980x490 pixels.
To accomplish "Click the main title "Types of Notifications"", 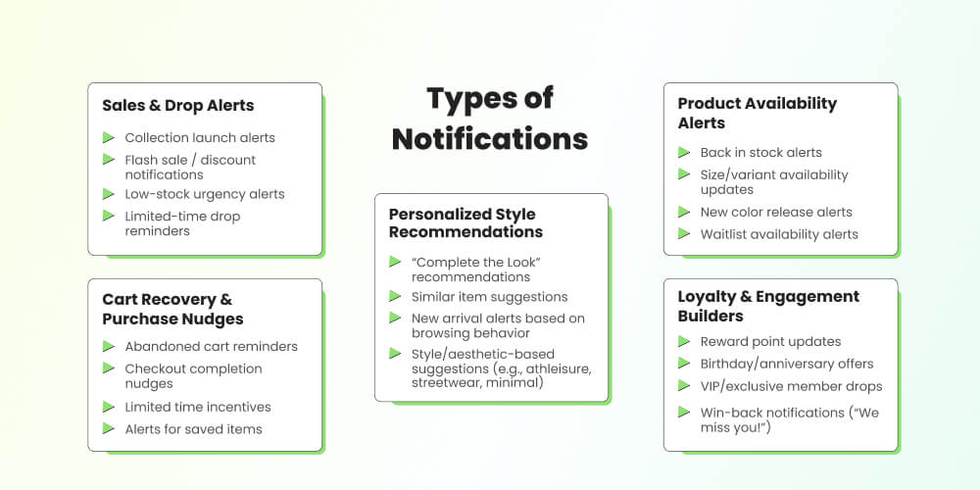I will point(490,118).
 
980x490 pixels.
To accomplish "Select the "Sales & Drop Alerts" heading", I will point(177,106).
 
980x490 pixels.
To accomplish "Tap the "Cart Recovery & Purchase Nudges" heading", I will point(172,309).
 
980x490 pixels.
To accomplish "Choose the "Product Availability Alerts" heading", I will point(757,113).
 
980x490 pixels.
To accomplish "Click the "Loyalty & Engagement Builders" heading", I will point(768,306).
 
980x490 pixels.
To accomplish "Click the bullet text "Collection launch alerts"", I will point(200,138).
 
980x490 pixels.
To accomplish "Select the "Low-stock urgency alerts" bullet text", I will point(205,194).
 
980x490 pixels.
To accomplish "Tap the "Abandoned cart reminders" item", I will point(211,346).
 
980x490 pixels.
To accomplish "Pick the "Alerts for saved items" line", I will point(193,429).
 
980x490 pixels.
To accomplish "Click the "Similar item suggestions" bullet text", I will point(489,297).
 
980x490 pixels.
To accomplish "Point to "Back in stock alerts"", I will point(760,153).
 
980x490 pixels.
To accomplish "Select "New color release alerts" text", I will point(776,212).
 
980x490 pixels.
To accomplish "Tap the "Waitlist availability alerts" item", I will point(779,234).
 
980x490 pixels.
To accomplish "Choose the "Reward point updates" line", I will point(770,342).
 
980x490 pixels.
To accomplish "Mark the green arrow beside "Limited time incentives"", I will point(109,406).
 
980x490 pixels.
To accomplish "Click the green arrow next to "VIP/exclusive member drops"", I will point(684,385).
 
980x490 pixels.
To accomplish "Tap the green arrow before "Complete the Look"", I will point(395,262).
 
